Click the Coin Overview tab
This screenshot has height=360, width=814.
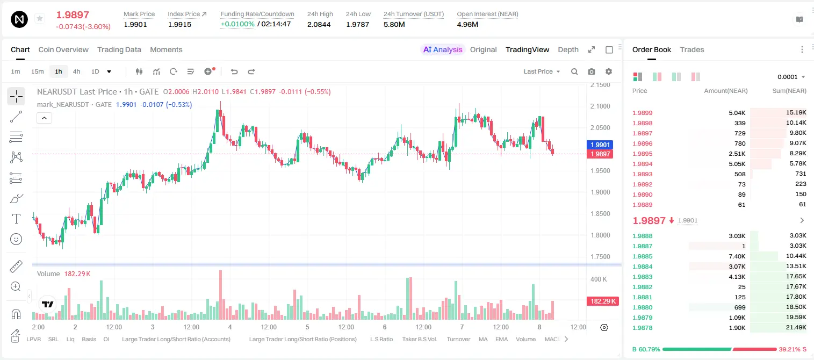coord(63,49)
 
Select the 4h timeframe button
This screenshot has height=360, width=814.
coord(76,71)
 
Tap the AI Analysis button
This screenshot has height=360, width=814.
coord(442,49)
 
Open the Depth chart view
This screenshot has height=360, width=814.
coord(568,49)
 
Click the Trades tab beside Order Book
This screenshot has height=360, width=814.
coord(692,49)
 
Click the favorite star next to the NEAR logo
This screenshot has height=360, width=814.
coord(40,18)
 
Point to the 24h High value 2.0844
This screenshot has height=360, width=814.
coord(319,24)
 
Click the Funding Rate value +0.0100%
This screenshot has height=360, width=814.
coord(237,24)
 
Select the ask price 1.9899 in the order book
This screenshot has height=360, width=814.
coord(642,113)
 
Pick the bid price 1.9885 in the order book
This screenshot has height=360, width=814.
coord(642,256)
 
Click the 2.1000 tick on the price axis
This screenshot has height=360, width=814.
coord(600,106)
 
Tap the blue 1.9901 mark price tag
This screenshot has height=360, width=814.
coord(600,145)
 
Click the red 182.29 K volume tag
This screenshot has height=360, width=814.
coord(603,301)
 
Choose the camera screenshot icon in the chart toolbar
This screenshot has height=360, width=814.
coord(592,71)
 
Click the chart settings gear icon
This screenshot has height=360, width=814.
coord(609,71)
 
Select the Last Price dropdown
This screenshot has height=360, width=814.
coord(542,71)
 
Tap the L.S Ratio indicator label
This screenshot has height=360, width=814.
coord(381,339)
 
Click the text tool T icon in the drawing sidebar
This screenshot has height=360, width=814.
coord(16,219)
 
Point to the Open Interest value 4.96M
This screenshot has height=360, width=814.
coord(467,24)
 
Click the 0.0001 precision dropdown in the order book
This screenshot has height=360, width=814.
coord(791,77)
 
